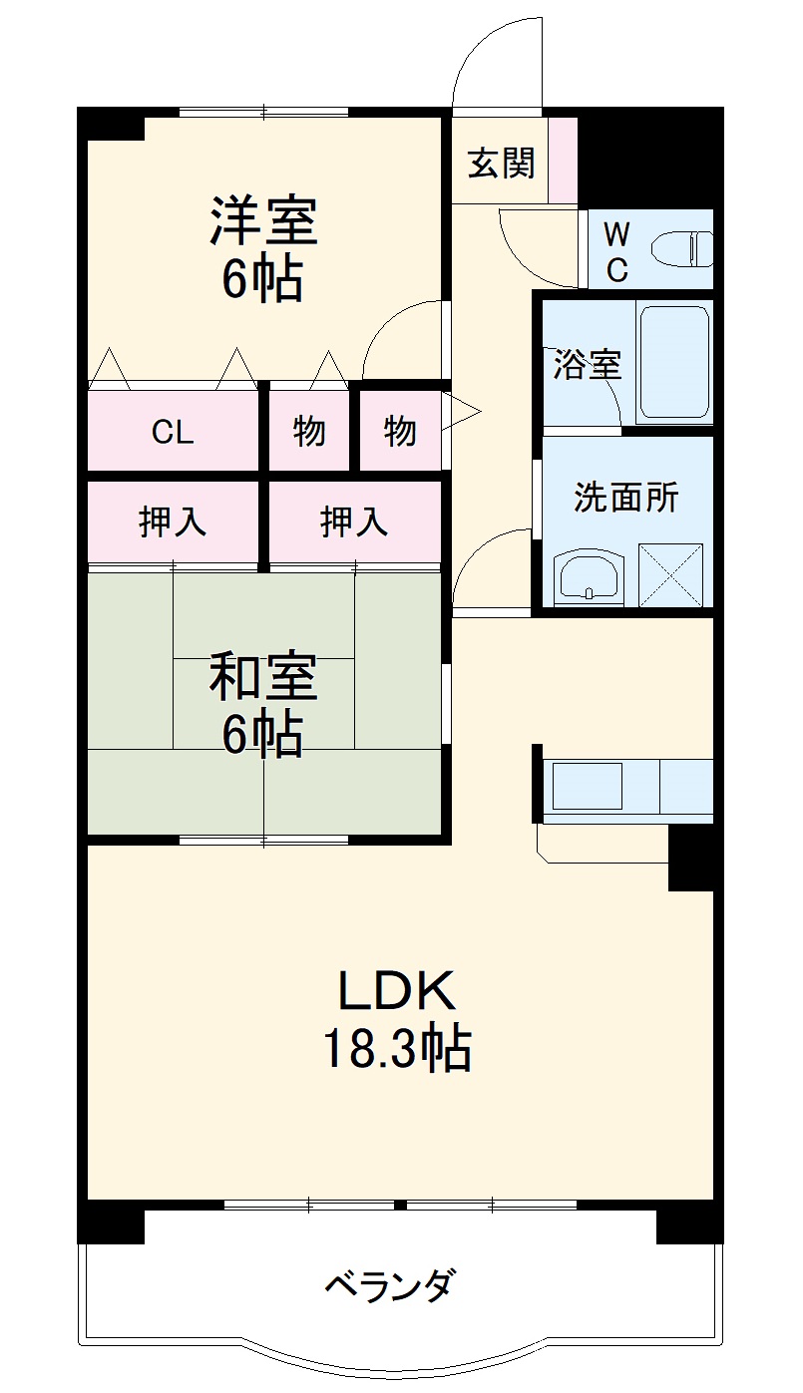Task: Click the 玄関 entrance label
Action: (501, 164)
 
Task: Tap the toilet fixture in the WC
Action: (681, 248)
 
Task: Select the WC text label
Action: (616, 252)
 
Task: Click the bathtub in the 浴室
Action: (674, 363)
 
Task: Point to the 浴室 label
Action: (588, 364)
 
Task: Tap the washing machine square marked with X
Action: (671, 574)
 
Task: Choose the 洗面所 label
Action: (625, 498)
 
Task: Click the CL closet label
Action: (173, 431)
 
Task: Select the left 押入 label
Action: (173, 522)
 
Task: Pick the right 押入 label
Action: (354, 522)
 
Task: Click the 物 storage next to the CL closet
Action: (308, 431)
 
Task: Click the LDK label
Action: (397, 989)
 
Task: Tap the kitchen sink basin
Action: (587, 786)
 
